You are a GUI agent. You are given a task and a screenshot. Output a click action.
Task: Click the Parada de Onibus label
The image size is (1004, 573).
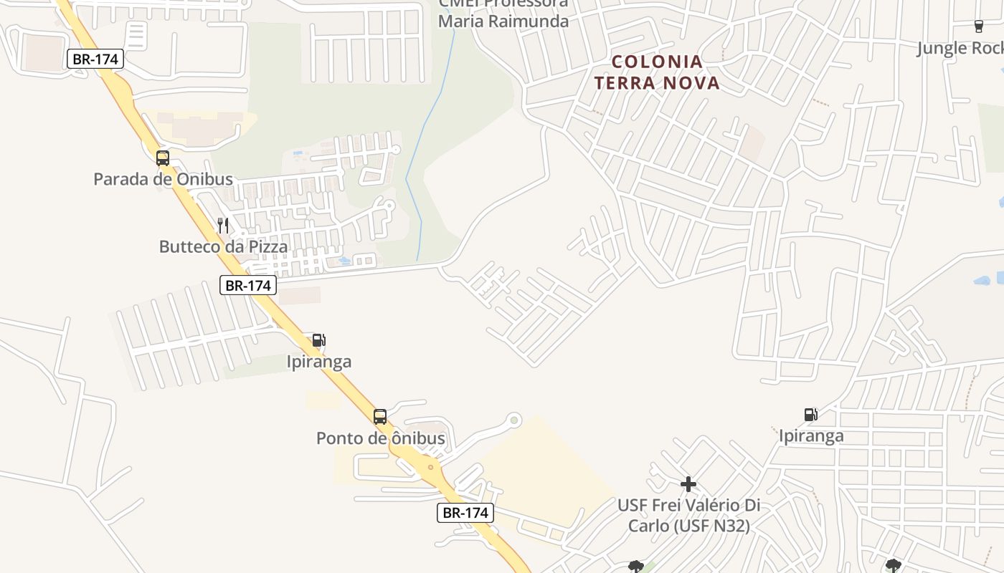tap(163, 179)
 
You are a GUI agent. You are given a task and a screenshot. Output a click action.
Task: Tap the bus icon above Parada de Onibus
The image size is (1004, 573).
tap(163, 158)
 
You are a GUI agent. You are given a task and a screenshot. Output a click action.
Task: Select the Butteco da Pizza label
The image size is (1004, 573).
tap(223, 247)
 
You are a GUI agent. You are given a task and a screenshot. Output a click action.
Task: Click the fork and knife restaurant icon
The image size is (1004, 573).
tap(223, 226)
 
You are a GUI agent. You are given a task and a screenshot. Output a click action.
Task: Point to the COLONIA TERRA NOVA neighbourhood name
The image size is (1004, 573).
tap(657, 72)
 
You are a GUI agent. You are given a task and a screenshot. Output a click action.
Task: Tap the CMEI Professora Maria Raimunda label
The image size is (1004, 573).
tap(503, 13)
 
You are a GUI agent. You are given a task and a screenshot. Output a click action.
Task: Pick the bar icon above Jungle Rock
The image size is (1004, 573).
tap(978, 27)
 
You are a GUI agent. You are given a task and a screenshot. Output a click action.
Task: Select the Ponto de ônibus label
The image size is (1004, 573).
tap(380, 438)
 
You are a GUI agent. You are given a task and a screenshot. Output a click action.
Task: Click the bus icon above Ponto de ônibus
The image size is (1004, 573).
tap(380, 417)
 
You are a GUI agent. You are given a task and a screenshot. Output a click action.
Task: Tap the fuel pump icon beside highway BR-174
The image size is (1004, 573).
tap(318, 340)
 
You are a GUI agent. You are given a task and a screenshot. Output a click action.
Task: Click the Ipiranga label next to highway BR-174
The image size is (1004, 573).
tap(319, 362)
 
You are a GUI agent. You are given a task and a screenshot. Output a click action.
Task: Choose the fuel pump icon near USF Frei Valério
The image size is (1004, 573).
tap(810, 415)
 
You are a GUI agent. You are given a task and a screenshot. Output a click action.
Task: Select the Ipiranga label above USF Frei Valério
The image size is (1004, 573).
tap(811, 435)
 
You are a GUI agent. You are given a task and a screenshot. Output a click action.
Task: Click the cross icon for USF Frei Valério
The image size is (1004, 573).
tap(688, 485)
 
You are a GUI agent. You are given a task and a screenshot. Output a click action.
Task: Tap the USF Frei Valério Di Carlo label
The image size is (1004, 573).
tap(688, 516)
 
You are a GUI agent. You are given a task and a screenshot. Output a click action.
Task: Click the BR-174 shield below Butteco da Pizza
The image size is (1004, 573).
tap(247, 286)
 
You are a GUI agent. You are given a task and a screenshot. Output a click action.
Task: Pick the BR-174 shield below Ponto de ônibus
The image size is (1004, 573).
tap(465, 513)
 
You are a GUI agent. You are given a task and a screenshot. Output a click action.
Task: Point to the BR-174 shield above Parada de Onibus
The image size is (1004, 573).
tap(96, 59)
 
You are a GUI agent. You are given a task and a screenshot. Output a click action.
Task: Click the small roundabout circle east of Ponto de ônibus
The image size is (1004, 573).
tap(513, 420)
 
